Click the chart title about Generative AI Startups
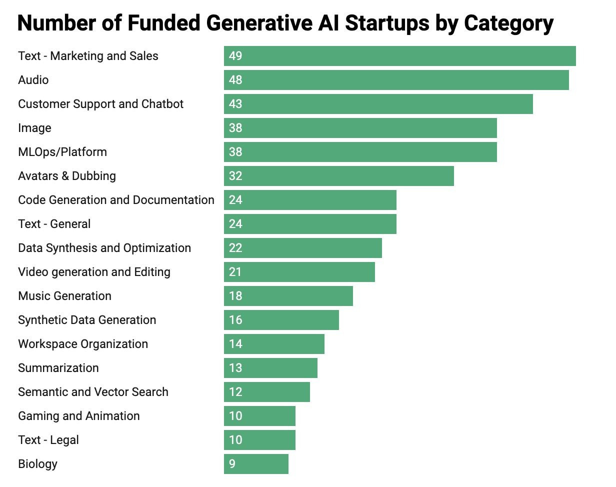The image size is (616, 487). pyautogui.click(x=285, y=23)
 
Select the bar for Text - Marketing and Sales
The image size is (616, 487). pyautogui.click(x=400, y=56)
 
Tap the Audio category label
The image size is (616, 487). pyautogui.click(x=33, y=80)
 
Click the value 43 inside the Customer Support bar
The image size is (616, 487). pyautogui.click(x=235, y=104)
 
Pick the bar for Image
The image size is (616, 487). pyautogui.click(x=360, y=128)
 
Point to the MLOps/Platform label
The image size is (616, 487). pyautogui.click(x=62, y=152)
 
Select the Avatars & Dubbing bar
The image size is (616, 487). pyautogui.click(x=339, y=176)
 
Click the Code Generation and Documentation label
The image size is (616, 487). pyautogui.click(x=116, y=200)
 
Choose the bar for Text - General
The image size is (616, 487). pyautogui.click(x=310, y=224)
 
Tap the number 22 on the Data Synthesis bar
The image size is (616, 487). pyautogui.click(x=235, y=248)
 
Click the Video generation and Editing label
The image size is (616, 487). pyautogui.click(x=94, y=272)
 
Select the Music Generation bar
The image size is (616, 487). pyautogui.click(x=288, y=296)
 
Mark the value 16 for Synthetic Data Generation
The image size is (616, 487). pyautogui.click(x=235, y=320)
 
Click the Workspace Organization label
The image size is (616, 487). pyautogui.click(x=83, y=344)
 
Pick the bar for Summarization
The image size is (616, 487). pyautogui.click(x=270, y=368)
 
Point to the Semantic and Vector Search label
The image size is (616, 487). pyautogui.click(x=93, y=392)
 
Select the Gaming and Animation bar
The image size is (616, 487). pyautogui.click(x=259, y=416)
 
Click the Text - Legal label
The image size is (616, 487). pyautogui.click(x=48, y=440)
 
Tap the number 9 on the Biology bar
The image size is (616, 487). pyautogui.click(x=232, y=464)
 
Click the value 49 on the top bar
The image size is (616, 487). pyautogui.click(x=235, y=56)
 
